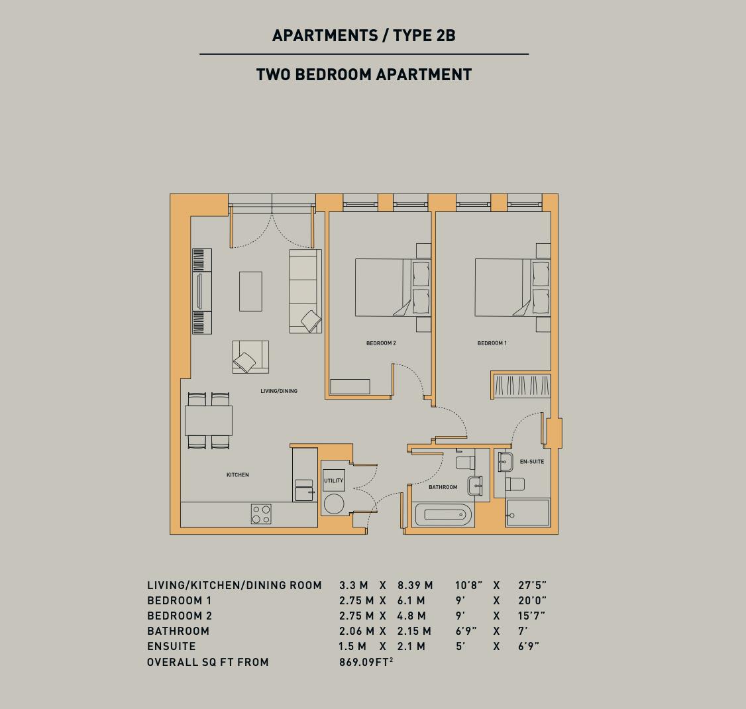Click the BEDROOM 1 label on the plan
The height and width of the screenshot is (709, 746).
click(492, 343)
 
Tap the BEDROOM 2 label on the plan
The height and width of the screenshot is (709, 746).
click(381, 343)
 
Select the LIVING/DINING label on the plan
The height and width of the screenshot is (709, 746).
click(279, 391)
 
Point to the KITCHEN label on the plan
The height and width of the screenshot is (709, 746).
click(237, 475)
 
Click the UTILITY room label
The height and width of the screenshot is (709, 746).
click(333, 480)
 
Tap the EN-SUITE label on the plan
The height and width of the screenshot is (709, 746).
click(532, 462)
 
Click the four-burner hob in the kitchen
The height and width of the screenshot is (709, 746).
click(261, 514)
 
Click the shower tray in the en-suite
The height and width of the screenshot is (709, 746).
click(527, 512)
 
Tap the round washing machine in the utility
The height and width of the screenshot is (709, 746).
click(333, 504)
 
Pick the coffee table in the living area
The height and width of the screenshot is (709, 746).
click(250, 291)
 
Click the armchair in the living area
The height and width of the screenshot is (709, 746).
click(250, 357)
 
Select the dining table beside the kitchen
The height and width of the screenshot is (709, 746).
click(209, 421)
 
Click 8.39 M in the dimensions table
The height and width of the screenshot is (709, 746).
click(415, 585)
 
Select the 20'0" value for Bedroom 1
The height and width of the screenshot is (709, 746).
click(533, 600)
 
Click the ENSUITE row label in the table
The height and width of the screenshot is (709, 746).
click(172, 646)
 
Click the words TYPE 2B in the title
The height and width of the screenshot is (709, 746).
click(424, 35)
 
